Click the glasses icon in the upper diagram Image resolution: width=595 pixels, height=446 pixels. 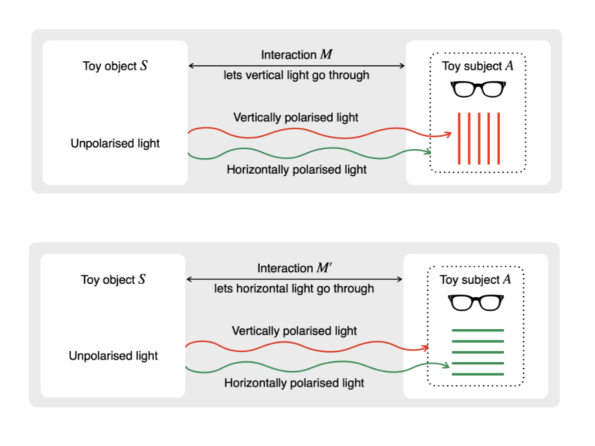point(478,89)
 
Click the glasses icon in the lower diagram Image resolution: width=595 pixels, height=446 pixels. point(477,302)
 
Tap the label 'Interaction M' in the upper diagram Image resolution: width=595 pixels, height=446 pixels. point(297,55)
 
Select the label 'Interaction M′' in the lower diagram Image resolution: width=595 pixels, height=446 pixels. point(294,268)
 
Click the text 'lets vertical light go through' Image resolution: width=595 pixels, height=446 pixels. point(297,75)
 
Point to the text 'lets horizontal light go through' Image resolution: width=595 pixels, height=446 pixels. point(294,288)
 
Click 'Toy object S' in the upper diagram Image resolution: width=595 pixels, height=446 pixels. point(115,66)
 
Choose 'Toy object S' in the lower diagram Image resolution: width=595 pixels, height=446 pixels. point(113,279)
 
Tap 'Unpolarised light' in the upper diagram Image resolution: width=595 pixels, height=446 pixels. point(115,143)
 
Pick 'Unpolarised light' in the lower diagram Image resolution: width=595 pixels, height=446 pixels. point(113,356)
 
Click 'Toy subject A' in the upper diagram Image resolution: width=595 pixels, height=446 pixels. point(478,66)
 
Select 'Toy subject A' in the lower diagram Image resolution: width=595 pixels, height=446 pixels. point(476,279)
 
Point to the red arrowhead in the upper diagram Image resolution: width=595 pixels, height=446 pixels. point(448,135)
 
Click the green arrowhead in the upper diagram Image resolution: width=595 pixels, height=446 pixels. point(428,152)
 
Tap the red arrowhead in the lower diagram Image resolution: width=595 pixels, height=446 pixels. point(424,348)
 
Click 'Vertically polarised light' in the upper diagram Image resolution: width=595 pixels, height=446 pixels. point(296,117)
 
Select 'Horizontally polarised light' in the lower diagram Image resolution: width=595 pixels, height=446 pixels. point(294,383)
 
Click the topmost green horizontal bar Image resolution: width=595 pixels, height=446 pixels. point(477,331)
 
